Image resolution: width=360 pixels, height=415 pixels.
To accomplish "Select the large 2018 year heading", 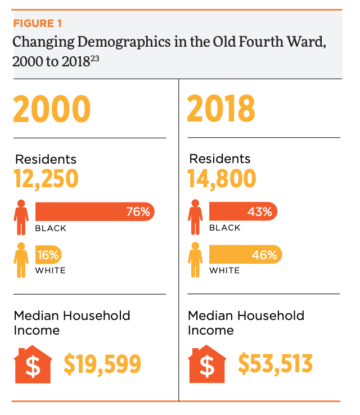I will click(220, 109).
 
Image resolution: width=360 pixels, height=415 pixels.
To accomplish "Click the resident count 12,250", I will click(46, 179).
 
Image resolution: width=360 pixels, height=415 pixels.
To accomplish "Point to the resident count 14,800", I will click(222, 179).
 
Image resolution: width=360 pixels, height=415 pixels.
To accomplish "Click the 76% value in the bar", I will click(138, 212).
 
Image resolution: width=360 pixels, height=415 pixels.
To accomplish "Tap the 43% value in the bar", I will click(259, 212).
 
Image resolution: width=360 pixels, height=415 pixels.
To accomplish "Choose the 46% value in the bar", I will click(264, 255).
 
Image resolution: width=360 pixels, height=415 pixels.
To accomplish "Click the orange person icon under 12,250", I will click(21, 217).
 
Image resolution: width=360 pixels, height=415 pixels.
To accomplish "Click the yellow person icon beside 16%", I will click(21, 260).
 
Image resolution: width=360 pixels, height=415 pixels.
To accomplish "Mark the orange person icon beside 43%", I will click(196, 217).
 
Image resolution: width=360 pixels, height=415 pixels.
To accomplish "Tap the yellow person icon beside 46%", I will click(196, 260).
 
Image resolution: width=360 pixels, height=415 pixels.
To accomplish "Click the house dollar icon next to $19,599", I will click(33, 364).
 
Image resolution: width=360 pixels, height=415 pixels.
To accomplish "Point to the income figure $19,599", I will click(102, 364).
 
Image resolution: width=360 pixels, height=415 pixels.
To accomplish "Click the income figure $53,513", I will click(275, 364).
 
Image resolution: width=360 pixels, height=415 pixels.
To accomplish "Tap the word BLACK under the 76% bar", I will click(51, 228).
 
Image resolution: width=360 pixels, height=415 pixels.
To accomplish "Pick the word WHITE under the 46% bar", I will click(224, 270).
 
